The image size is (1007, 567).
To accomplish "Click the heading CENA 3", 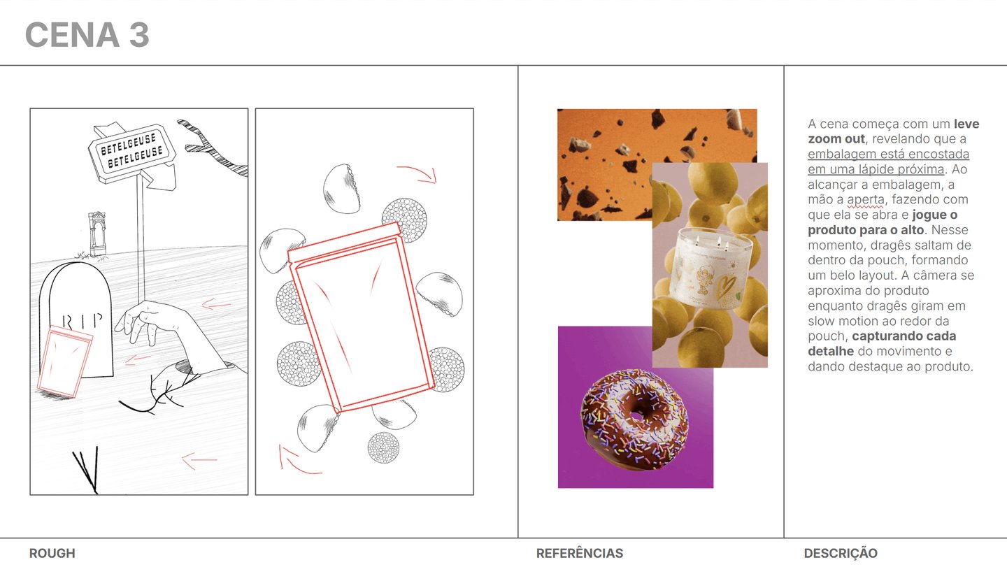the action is pos(87,34).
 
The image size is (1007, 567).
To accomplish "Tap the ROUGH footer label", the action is pos(52,553).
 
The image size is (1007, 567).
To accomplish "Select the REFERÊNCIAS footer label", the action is pos(580,553).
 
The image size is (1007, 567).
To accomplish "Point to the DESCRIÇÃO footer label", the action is pos(841,553).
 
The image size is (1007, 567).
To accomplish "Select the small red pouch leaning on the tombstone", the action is pos(65,361).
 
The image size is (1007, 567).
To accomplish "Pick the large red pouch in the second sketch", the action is pos(362,317).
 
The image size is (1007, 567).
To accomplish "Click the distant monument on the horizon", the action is pos(97,234).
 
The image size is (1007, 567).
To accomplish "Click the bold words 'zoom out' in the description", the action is pos(836,139).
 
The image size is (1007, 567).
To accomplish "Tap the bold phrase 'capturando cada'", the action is pos(904,336).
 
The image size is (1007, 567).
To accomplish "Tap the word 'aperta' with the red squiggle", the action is pos(865,199).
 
